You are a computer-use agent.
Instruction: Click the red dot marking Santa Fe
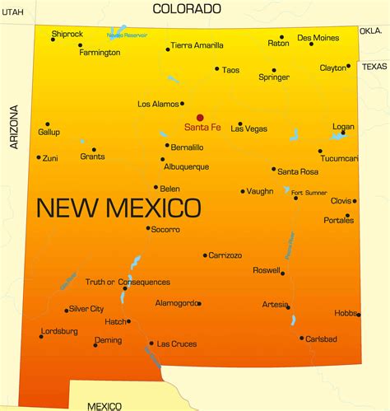coord(200,117)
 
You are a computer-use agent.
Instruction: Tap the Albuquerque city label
coord(185,166)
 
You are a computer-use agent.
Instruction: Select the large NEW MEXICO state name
coord(118,207)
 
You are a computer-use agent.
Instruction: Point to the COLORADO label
coord(187,9)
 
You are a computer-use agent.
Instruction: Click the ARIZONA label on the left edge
coord(12,128)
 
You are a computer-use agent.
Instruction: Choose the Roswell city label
coord(267,270)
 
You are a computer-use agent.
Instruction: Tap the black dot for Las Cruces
coord(151,343)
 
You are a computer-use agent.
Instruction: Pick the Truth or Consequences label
coord(128,283)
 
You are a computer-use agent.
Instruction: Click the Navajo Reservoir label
coord(127,35)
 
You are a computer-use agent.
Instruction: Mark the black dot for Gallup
coord(47,124)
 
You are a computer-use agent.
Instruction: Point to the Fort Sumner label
coord(309,193)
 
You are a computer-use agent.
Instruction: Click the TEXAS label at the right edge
coord(374,66)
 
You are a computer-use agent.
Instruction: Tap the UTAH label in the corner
coord(12,11)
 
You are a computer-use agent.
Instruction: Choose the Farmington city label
coord(100,53)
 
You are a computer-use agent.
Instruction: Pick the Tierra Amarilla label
coord(197,45)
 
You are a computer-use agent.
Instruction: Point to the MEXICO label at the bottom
coord(104,405)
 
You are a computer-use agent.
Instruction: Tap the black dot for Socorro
coord(148,228)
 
